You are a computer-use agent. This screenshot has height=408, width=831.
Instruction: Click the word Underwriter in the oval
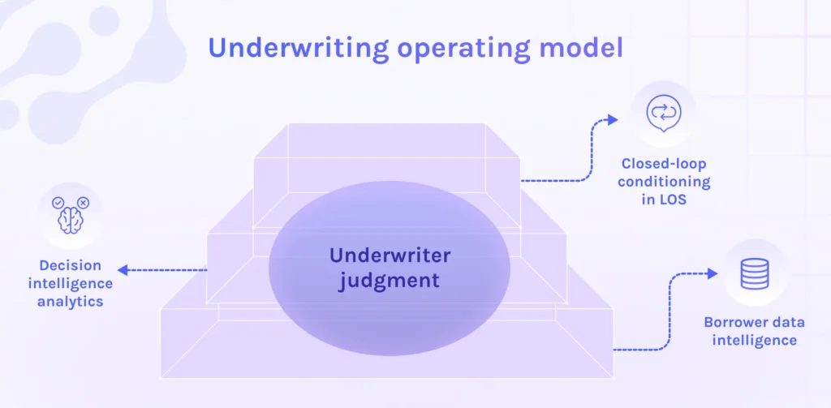click(390, 256)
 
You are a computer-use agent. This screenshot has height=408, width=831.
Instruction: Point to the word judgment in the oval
click(390, 281)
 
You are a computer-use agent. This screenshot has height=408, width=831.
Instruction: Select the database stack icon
click(754, 274)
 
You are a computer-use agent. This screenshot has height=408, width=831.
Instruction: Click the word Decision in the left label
click(70, 265)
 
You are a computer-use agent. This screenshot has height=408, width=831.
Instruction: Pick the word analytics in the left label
click(70, 302)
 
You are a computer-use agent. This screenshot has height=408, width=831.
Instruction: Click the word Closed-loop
click(664, 164)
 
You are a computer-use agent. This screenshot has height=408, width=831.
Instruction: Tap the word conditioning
click(664, 182)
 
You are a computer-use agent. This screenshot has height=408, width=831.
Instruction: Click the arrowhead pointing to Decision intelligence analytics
click(121, 270)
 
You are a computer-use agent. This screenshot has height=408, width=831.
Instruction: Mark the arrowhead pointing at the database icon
click(716, 274)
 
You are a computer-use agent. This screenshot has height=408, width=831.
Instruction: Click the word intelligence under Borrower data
click(754, 340)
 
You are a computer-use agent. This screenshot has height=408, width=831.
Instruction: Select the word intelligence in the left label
click(70, 284)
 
